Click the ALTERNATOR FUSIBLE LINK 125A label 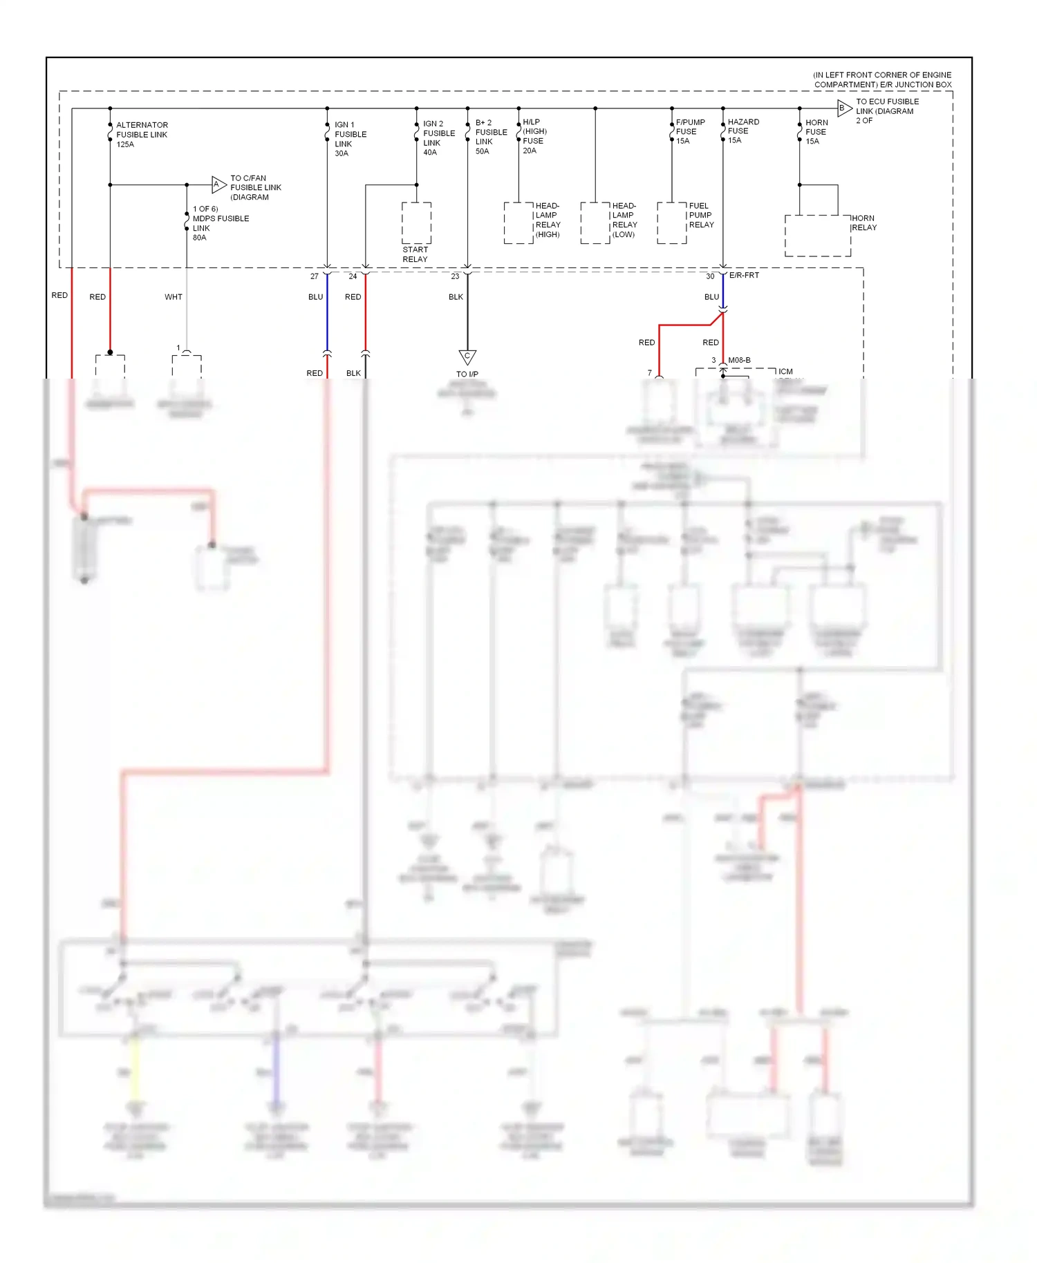pos(142,135)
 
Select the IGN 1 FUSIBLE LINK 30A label pos(350,139)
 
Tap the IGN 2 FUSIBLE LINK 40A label pos(438,137)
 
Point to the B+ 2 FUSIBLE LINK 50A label pos(491,137)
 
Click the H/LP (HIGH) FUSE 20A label pos(534,136)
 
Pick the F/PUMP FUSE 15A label pos(689,131)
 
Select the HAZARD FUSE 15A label pos(742,131)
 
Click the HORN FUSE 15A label pos(816,131)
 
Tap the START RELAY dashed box pos(416,223)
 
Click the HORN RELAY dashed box pos(817,236)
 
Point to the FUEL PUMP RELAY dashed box pos(671,222)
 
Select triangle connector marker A pos(218,184)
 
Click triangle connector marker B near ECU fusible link pos(843,108)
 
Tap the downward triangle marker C pos(467,356)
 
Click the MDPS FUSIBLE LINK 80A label pos(220,223)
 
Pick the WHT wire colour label pos(173,297)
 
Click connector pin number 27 pos(315,276)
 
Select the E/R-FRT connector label pos(744,275)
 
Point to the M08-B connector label pos(739,360)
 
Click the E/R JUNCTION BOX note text pos(882,79)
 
